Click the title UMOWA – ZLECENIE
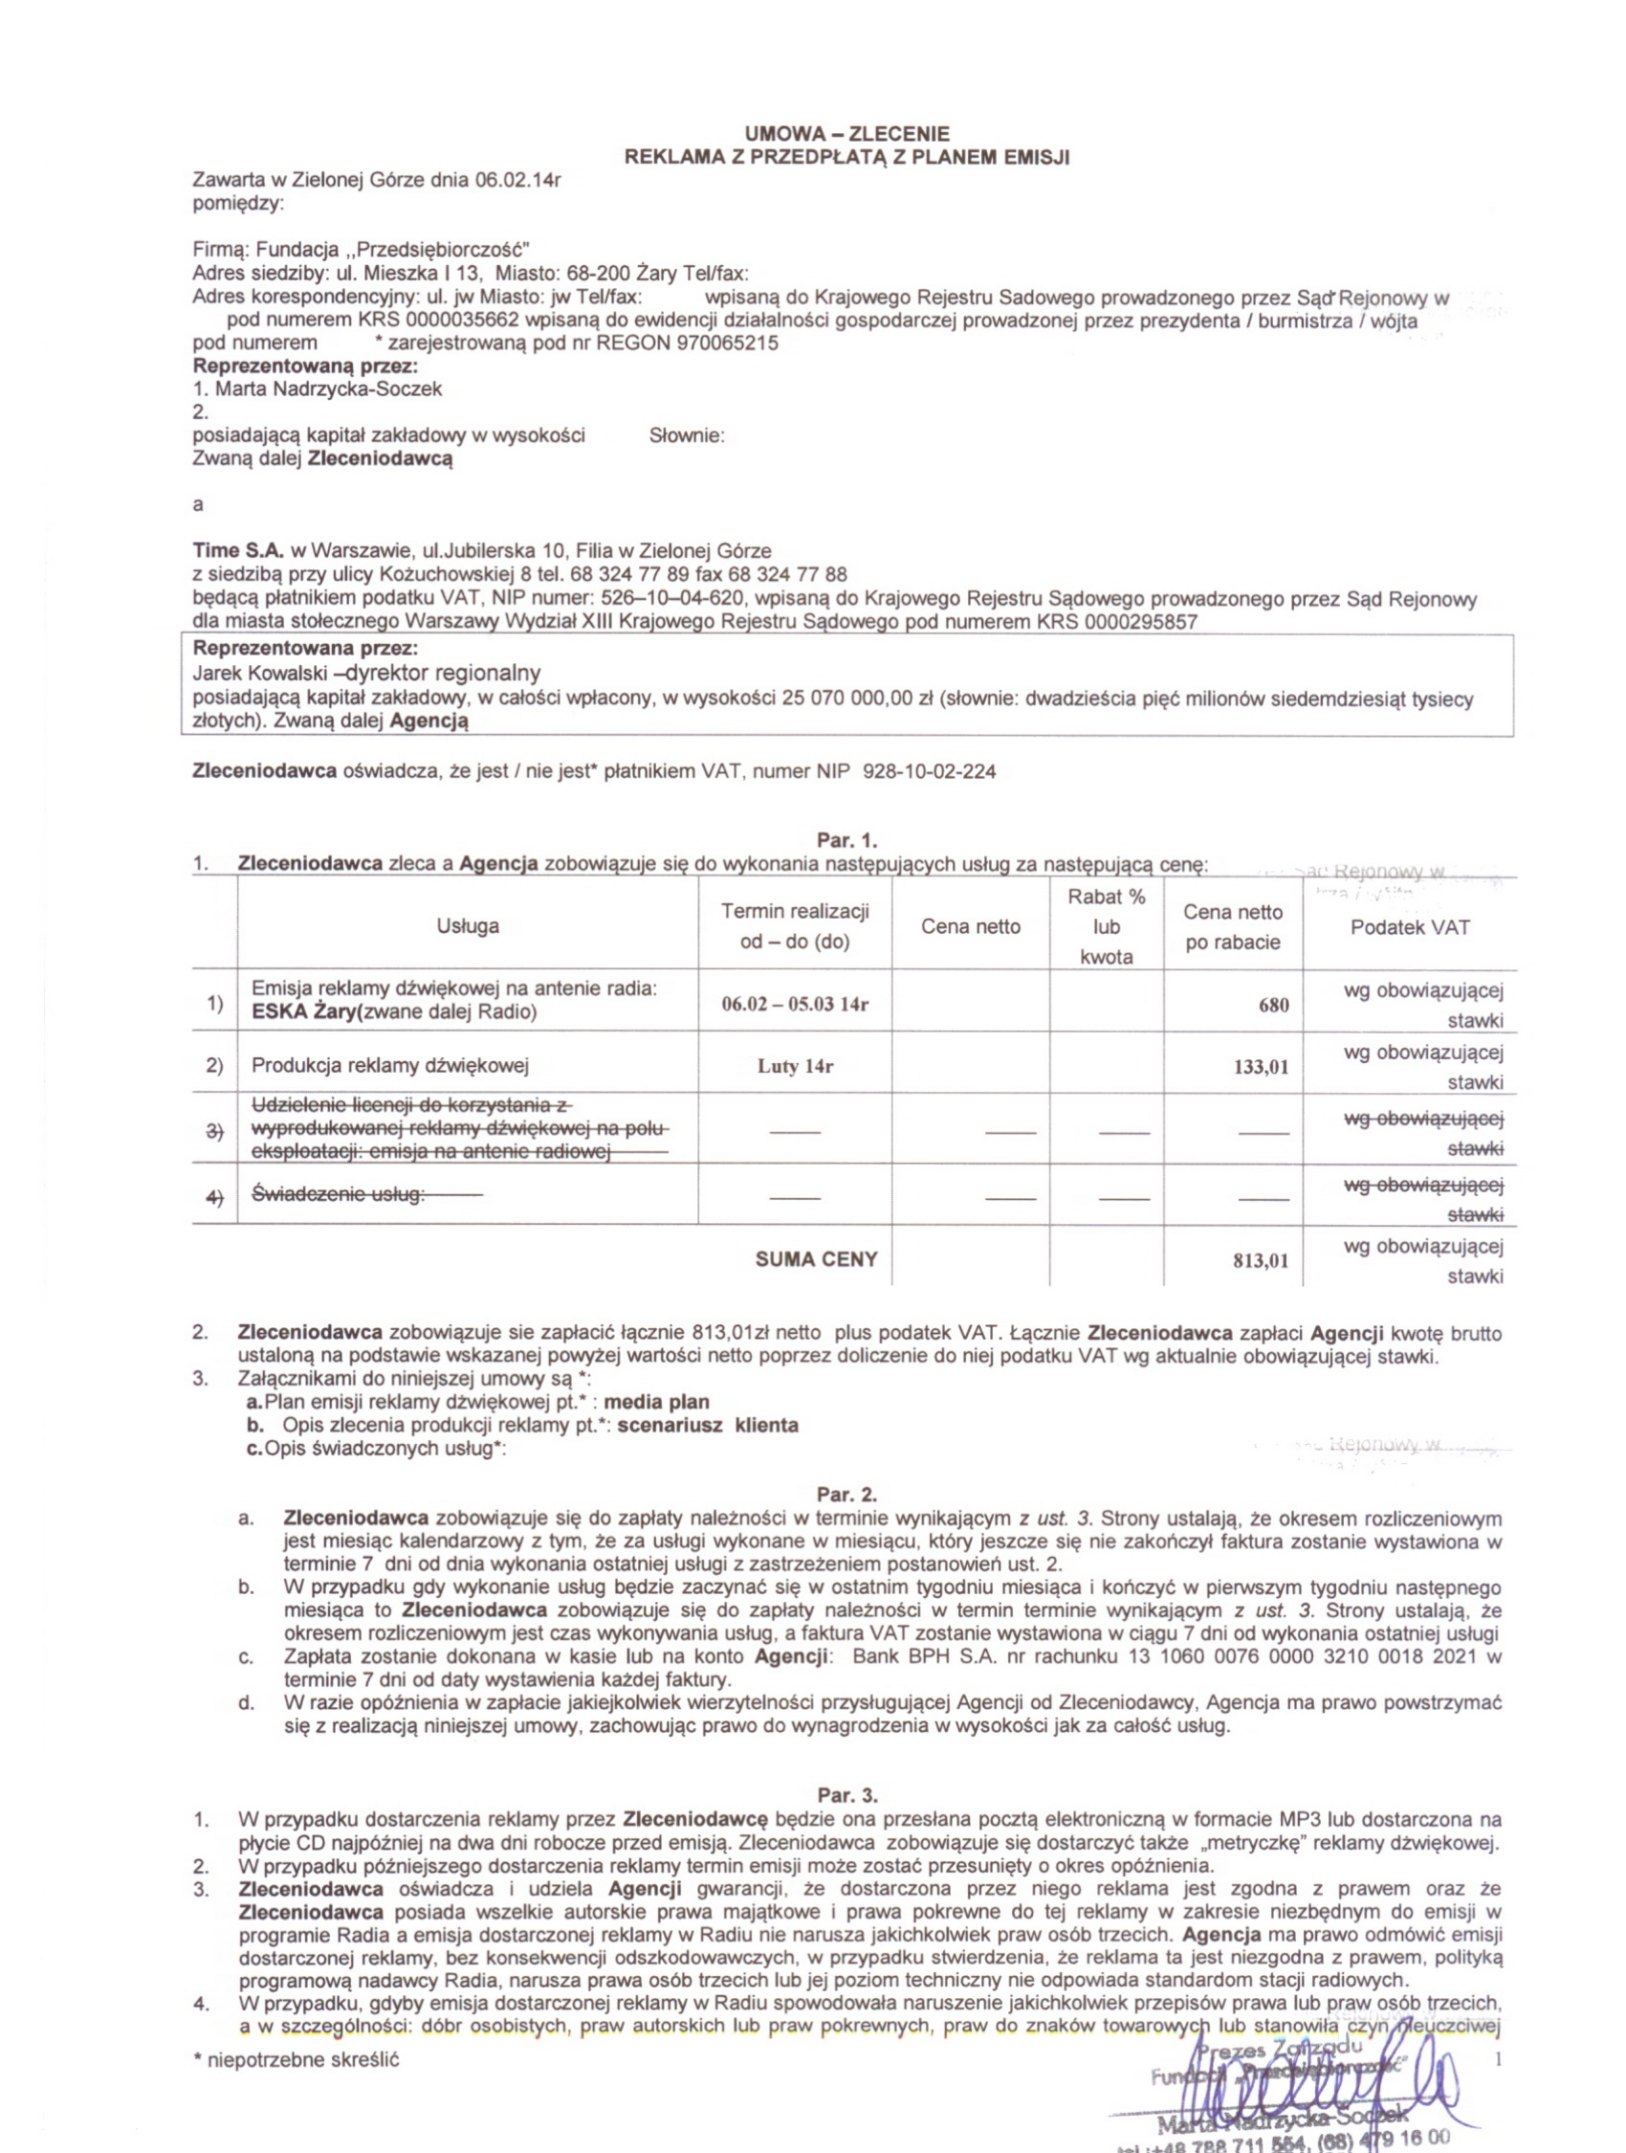tap(846, 134)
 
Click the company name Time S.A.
tap(238, 551)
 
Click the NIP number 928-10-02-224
tap(930, 772)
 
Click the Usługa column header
tap(468, 925)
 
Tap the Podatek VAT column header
tap(1409, 926)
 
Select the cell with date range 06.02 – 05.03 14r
tap(794, 1005)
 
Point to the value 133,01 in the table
tap(1261, 1067)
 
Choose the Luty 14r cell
tap(795, 1066)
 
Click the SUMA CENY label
tap(817, 1259)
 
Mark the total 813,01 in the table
tap(1261, 1261)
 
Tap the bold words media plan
tap(657, 1402)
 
